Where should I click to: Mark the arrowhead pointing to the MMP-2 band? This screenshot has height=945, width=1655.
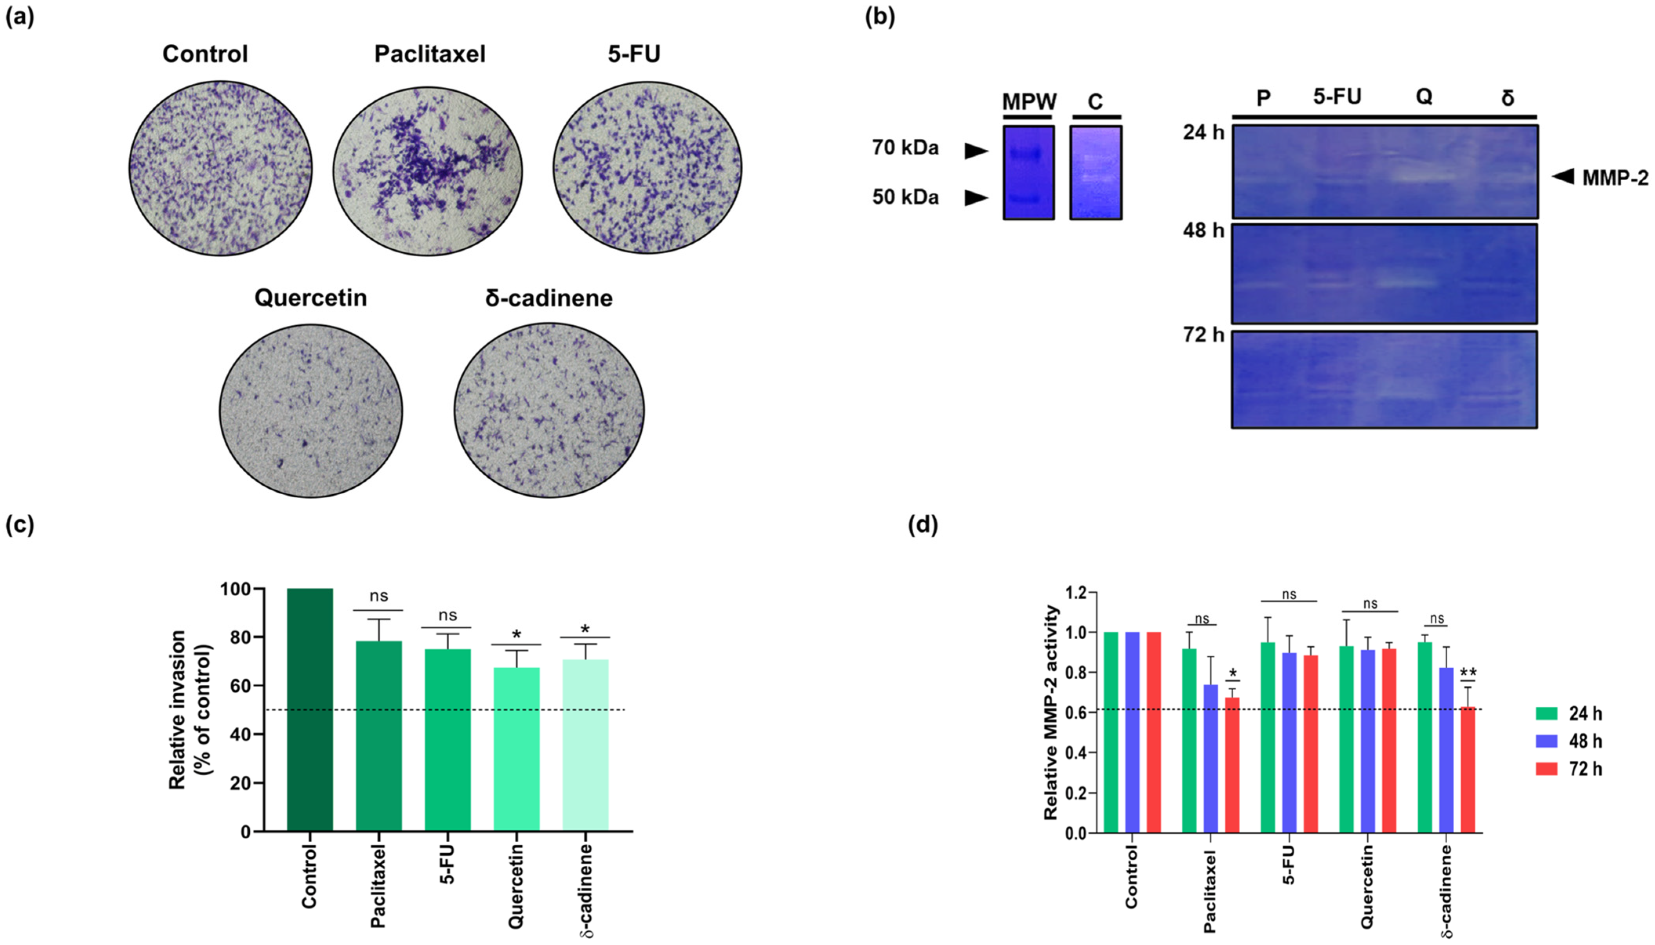coord(1563,176)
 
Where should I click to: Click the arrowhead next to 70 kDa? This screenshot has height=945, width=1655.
coord(975,151)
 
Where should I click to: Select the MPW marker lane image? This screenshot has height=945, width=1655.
coord(1028,172)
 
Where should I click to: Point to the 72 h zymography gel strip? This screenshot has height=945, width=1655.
coord(1384,380)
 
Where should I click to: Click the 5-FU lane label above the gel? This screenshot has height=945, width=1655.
coord(1337,97)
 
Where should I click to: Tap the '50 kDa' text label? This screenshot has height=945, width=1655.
coord(905,197)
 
